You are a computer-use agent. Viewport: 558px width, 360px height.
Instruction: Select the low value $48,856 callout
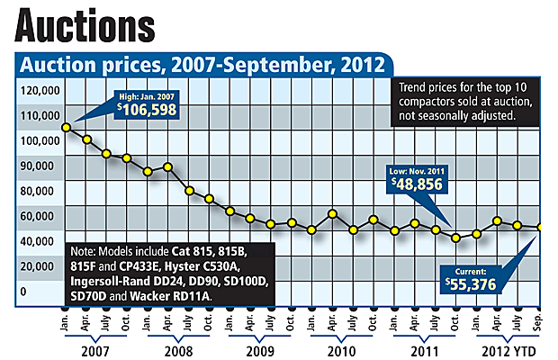418,181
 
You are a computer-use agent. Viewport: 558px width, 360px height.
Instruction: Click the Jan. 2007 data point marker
67,127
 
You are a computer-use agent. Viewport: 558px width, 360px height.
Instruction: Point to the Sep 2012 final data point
539,228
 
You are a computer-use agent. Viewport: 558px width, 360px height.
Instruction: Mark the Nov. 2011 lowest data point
456,238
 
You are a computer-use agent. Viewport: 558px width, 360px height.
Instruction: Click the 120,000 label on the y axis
38,91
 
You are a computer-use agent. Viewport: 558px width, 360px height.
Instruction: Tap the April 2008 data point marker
168,167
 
